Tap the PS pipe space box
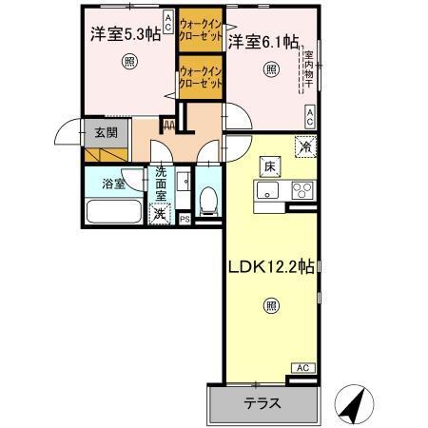[185, 219]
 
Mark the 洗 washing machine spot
[161, 212]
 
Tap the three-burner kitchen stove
[302, 187]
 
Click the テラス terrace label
[263, 402]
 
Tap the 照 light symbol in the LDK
[271, 306]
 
